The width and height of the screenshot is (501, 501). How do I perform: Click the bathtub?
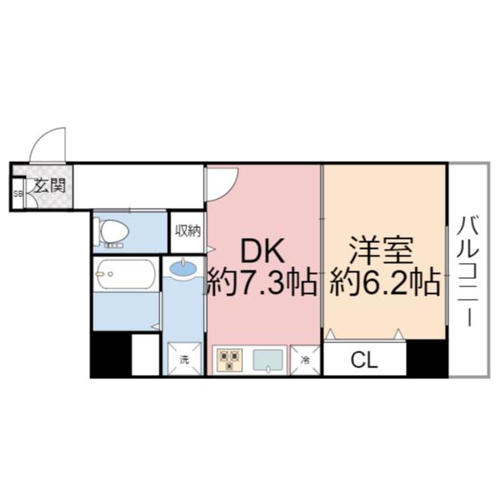[x=124, y=274]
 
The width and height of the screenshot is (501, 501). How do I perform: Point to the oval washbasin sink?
[x=183, y=269]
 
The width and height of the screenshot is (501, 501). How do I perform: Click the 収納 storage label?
[x=188, y=230]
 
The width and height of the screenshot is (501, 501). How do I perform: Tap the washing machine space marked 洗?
[x=184, y=360]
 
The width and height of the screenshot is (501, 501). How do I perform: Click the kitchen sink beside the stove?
[x=267, y=360]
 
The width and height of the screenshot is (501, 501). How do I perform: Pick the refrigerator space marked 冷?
[x=306, y=360]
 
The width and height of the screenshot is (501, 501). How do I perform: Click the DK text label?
[x=263, y=250]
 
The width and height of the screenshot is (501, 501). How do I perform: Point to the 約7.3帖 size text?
[x=262, y=284]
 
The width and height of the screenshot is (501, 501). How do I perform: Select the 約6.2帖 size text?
[x=384, y=284]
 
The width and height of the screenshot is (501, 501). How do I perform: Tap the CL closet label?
[x=364, y=361]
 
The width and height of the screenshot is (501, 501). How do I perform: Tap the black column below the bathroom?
[x=111, y=354]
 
